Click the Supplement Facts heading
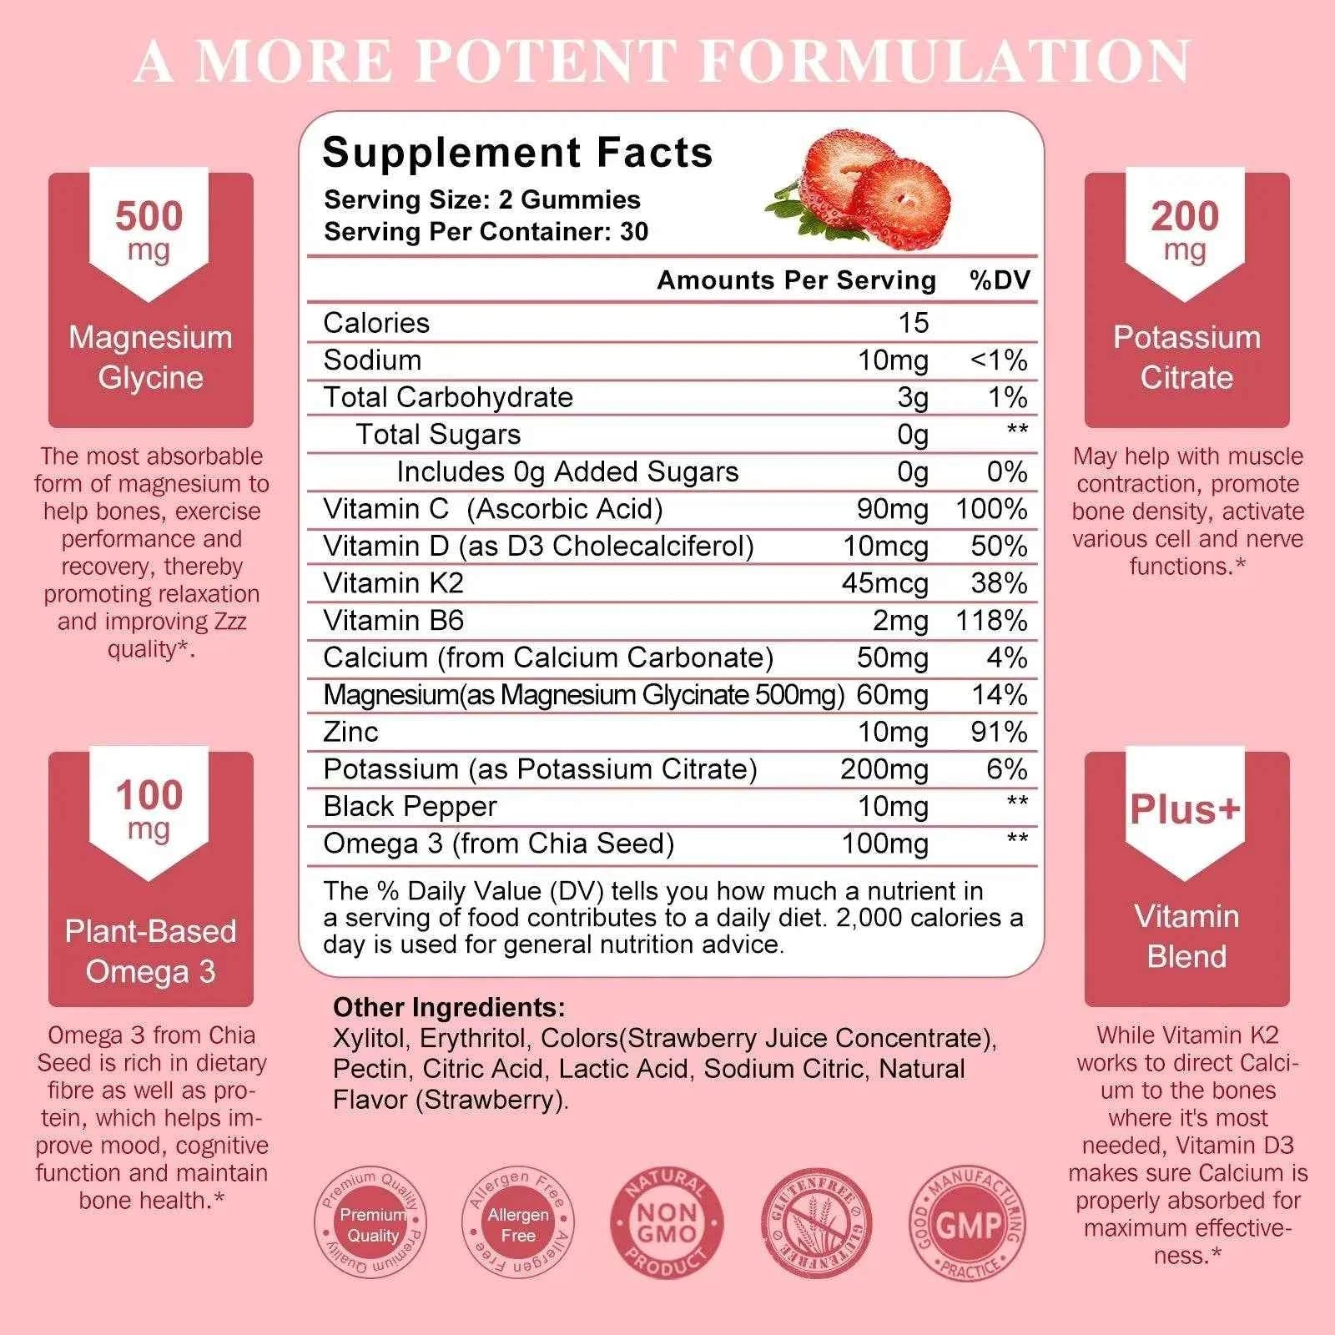tap(517, 153)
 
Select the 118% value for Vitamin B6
tap(991, 620)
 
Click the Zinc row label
tap(350, 732)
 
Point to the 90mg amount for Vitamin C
tap(892, 509)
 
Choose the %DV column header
tap(1000, 280)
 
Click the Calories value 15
tap(914, 323)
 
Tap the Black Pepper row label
tap(410, 806)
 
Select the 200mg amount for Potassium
tap(884, 769)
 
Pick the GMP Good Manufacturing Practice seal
tap(968, 1224)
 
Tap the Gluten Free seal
tap(817, 1224)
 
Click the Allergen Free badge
tap(518, 1224)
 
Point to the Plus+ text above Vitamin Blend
tap(1185, 809)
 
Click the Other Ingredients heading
tap(449, 1007)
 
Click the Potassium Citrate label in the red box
tap(1186, 357)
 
